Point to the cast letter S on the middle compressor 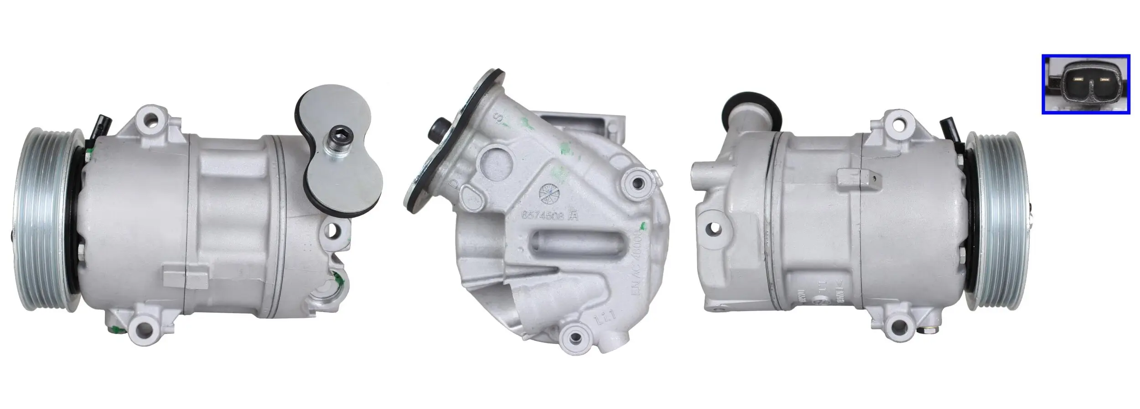(500, 118)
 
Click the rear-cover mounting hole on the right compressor (714, 227)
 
